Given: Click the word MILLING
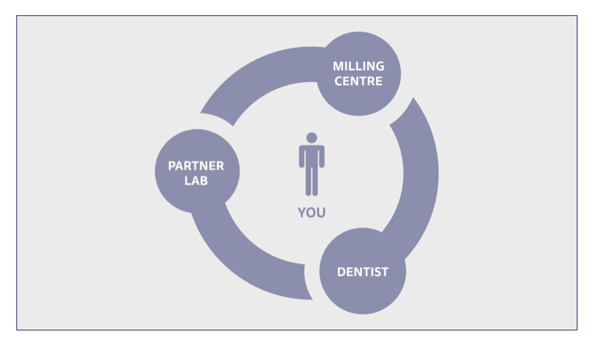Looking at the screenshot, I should pyautogui.click(x=358, y=66).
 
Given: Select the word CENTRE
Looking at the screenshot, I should pyautogui.click(x=358, y=81).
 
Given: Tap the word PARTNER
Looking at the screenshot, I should pyautogui.click(x=196, y=166).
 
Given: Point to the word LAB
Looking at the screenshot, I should pyautogui.click(x=196, y=181).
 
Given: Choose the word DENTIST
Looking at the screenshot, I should pyautogui.click(x=362, y=272).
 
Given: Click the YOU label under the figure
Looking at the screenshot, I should pyautogui.click(x=311, y=213).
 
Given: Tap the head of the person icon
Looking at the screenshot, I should pyautogui.click(x=311, y=138).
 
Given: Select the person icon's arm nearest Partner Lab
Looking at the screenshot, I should pyautogui.click(x=302, y=157).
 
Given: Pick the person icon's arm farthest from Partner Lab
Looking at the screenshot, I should pyautogui.click(x=322, y=157).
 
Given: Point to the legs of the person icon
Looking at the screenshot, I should pyautogui.click(x=311, y=182).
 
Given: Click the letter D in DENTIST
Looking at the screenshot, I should pyautogui.click(x=341, y=272).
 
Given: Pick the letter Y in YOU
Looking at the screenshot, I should pyautogui.click(x=302, y=213).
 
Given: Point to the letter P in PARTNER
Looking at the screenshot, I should pyautogui.click(x=172, y=166).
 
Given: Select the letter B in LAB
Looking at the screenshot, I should pyautogui.click(x=204, y=181).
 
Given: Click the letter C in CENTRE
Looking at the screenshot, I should pyautogui.click(x=339, y=81).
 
